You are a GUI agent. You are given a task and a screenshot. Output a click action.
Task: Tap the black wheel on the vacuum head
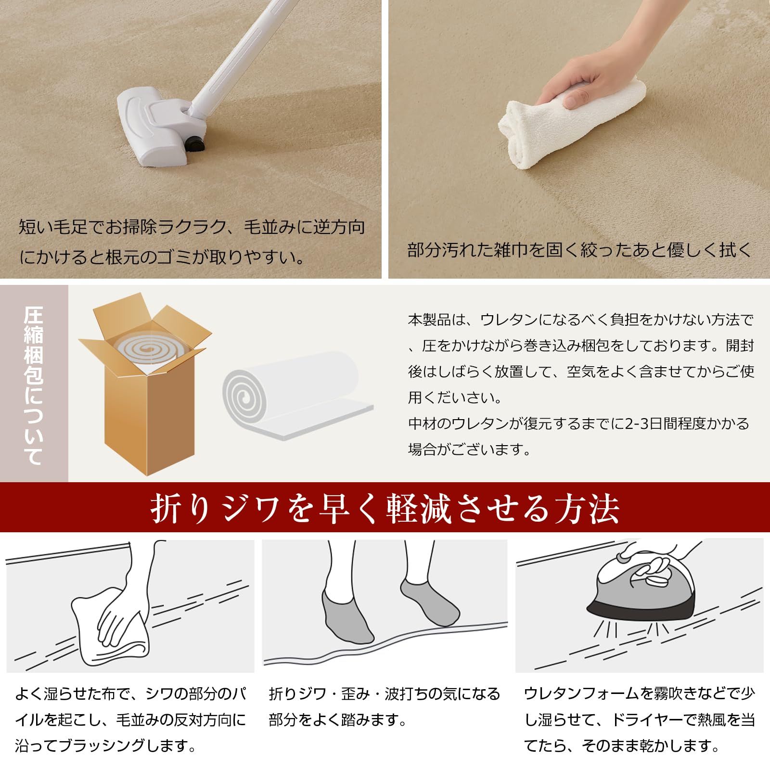tap(193, 143)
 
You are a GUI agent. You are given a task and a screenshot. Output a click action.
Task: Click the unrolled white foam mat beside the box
tap(298, 395)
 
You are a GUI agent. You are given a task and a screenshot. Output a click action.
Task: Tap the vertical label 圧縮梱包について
tap(34, 385)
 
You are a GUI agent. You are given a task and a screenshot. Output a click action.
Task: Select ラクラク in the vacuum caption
tap(193, 227)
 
